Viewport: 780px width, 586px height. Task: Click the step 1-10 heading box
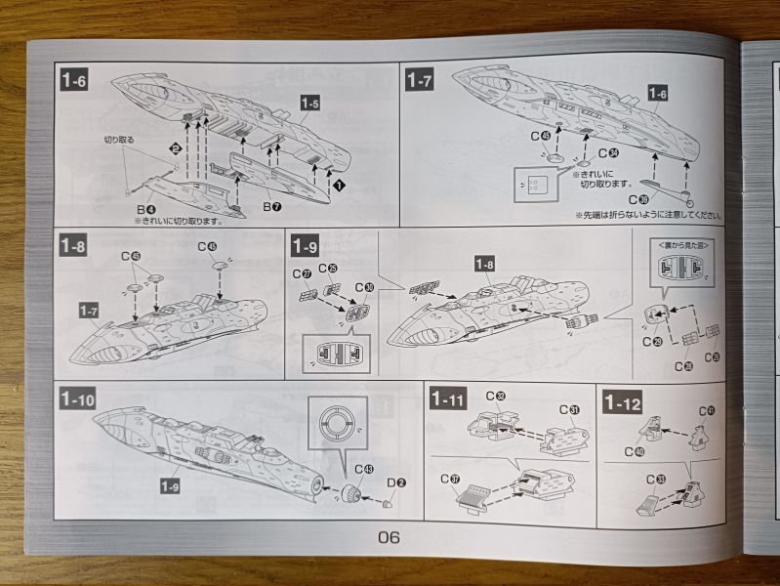tap(78, 399)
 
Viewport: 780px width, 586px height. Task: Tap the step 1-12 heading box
tap(622, 400)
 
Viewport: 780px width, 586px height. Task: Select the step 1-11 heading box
tap(449, 399)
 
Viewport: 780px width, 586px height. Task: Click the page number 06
tap(389, 536)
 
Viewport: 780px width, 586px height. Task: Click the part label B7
tap(271, 208)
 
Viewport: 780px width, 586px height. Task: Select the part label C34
tap(607, 152)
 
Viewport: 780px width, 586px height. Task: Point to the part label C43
tap(362, 470)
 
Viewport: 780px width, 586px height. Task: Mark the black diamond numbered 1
tap(339, 183)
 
